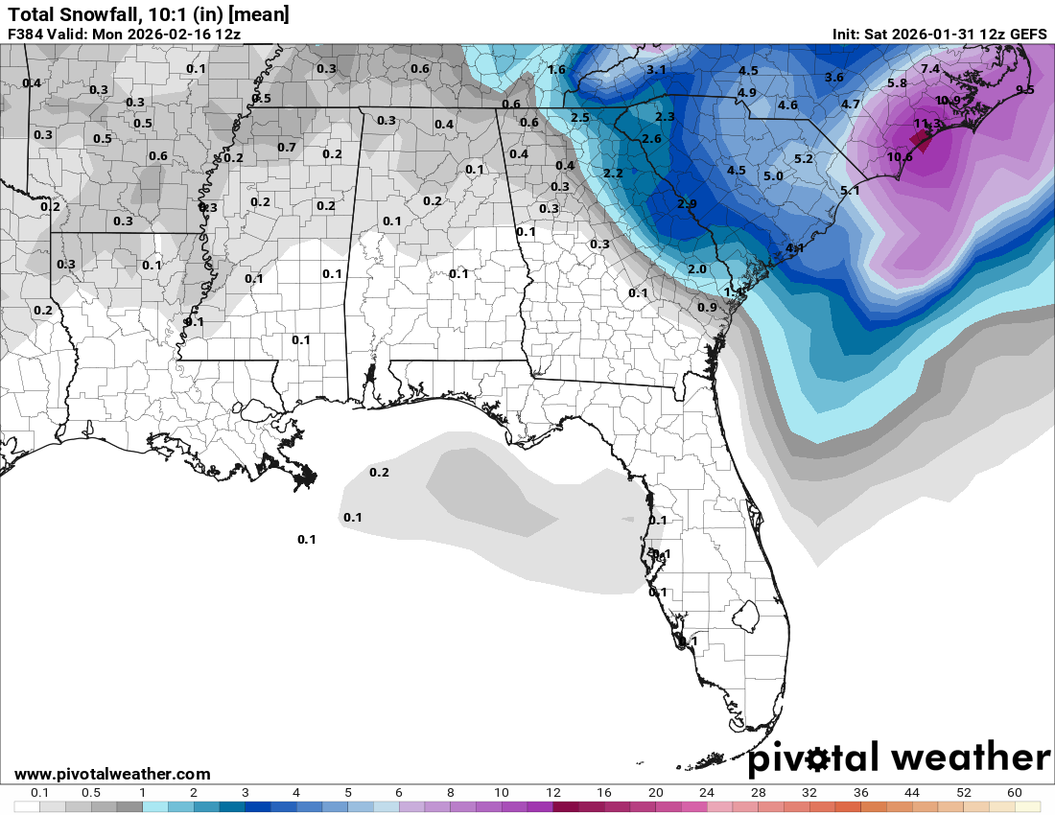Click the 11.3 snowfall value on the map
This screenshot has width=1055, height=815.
pyautogui.click(x=926, y=124)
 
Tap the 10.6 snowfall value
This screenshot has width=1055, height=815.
pyautogui.click(x=900, y=157)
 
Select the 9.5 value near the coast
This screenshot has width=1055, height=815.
pyautogui.click(x=1024, y=89)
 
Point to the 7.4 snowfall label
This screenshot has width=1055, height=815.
pyautogui.click(x=930, y=69)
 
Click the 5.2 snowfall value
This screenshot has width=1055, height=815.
pyautogui.click(x=804, y=158)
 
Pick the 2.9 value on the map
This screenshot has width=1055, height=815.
pyautogui.click(x=687, y=204)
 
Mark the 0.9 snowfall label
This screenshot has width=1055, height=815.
pyautogui.click(x=707, y=307)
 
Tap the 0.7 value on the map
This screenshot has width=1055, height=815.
pyautogui.click(x=287, y=147)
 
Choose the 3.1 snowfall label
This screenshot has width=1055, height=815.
pyautogui.click(x=656, y=70)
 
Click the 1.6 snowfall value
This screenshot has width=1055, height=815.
pyautogui.click(x=556, y=69)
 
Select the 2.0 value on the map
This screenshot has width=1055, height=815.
pyautogui.click(x=697, y=269)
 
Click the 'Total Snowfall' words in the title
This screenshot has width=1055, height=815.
pyautogui.click(x=66, y=14)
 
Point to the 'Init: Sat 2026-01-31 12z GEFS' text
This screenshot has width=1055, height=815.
pyautogui.click(x=940, y=34)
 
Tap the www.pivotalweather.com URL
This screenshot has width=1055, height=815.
pyautogui.click(x=112, y=774)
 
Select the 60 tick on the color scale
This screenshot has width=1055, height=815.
pyautogui.click(x=1014, y=793)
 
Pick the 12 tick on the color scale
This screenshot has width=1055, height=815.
pyautogui.click(x=552, y=793)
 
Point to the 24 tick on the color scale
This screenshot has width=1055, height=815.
pyautogui.click(x=706, y=793)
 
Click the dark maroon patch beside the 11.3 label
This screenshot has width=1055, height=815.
pyautogui.click(x=921, y=141)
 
